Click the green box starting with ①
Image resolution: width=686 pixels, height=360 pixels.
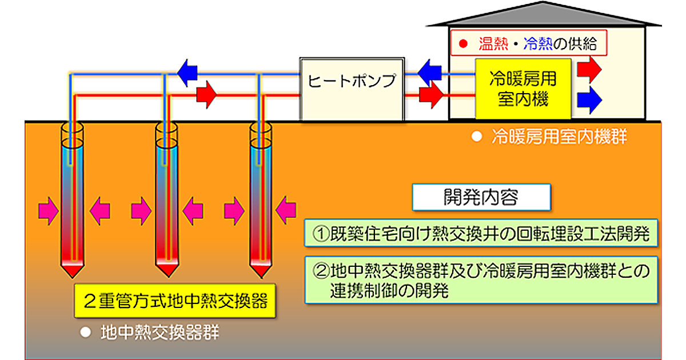click(x=480, y=235)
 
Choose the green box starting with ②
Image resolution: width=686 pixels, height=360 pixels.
click(x=480, y=279)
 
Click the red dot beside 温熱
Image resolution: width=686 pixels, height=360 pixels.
click(x=464, y=43)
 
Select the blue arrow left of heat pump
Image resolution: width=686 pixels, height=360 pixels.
click(x=187, y=71)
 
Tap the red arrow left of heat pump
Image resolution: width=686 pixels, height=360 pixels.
click(x=206, y=93)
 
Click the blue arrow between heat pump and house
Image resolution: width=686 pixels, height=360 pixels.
click(x=429, y=71)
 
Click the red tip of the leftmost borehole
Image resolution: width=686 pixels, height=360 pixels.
click(x=73, y=268)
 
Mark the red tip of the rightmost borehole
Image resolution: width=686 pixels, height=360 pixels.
click(x=262, y=268)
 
